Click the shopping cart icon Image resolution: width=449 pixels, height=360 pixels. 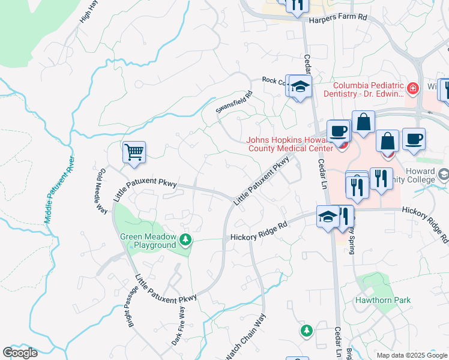(x=134, y=151)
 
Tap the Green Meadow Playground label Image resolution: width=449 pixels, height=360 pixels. (x=148, y=241)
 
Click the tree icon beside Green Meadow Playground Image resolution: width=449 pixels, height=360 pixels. (x=186, y=241)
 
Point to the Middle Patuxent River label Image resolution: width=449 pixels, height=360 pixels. (x=59, y=190)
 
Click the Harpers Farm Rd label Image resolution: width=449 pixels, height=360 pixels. (x=337, y=19)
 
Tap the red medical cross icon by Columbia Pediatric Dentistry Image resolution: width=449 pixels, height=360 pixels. (x=412, y=89)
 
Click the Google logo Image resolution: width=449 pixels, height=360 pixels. (x=20, y=352)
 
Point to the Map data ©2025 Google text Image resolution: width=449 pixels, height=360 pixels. (x=411, y=355)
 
